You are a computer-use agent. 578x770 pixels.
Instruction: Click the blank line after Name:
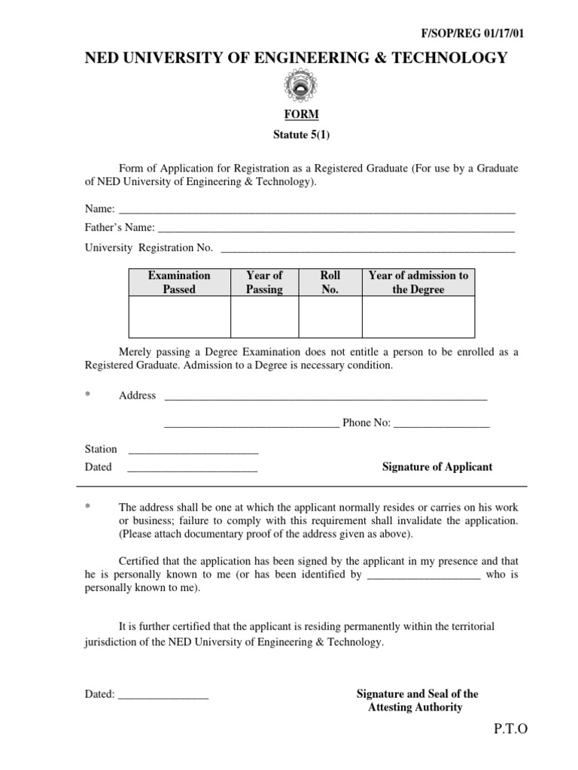click(317, 211)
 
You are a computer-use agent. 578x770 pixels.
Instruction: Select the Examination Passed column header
click(179, 282)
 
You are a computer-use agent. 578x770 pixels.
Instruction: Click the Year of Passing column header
click(264, 282)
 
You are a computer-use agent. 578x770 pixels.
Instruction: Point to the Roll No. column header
click(330, 282)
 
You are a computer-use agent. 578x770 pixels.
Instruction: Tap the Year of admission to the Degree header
click(418, 282)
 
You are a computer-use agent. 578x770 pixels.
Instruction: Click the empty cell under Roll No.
click(330, 317)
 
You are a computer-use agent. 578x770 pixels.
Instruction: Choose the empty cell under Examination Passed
click(179, 317)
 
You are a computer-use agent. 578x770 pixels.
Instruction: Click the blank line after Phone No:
click(442, 425)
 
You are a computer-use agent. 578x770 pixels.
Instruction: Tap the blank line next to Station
click(193, 451)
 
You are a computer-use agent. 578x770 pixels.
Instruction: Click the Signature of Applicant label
click(437, 467)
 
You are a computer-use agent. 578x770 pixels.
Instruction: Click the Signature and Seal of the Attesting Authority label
click(416, 701)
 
